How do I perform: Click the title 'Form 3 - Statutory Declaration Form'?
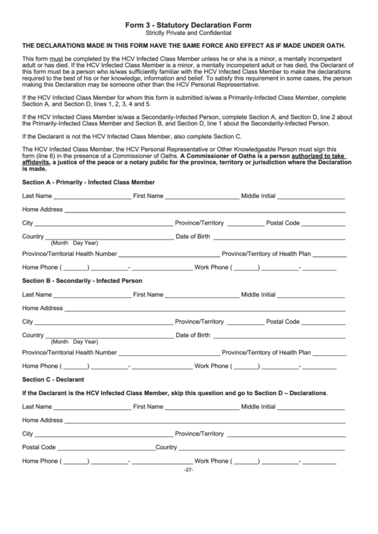[189, 24]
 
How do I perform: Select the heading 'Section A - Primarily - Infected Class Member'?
[88, 183]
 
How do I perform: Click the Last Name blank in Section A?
[92, 197]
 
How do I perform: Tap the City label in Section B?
[28, 322]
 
